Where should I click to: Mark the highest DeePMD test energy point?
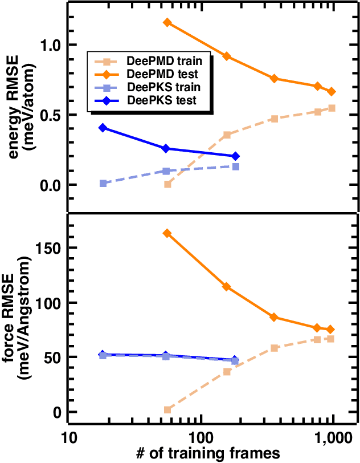tap(167, 22)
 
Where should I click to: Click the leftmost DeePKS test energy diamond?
tap(103, 128)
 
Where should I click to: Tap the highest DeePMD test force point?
tap(167, 233)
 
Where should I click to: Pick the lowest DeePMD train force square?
tap(167, 410)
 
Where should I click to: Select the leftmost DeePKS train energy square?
tap(103, 184)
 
